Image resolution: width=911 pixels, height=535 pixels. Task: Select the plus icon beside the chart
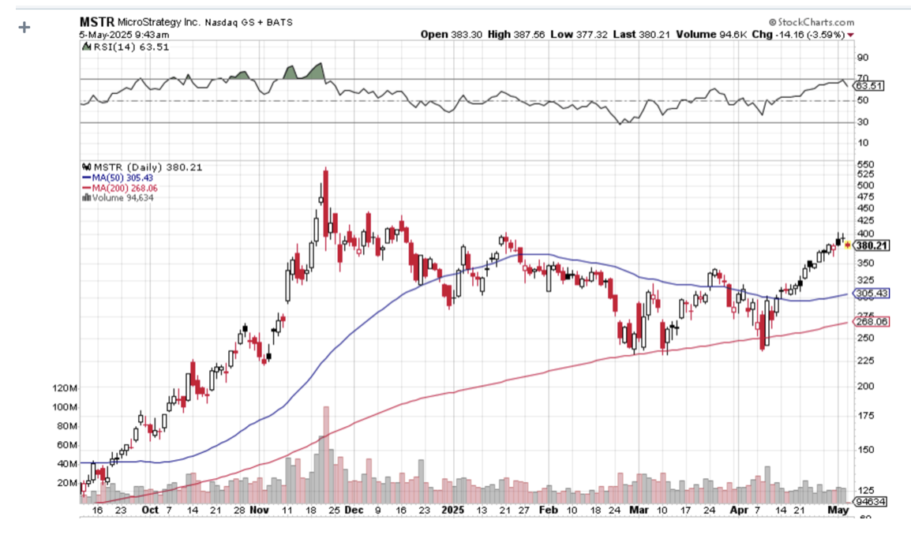coord(24,28)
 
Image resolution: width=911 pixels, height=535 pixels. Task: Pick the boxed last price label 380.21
coord(873,245)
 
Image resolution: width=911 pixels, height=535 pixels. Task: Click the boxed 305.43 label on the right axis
coord(873,294)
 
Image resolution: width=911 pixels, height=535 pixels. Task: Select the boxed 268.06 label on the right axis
coord(873,322)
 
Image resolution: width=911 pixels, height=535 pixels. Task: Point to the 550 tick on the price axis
coord(866,163)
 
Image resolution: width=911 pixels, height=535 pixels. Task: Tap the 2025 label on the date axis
coord(454,510)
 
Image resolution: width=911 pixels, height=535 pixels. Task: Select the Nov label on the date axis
coord(260,510)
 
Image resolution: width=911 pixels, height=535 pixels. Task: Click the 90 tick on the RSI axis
coord(863,58)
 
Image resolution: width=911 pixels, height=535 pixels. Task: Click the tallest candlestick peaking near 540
coord(325,189)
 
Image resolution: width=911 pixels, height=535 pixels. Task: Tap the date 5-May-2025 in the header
coord(111,35)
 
